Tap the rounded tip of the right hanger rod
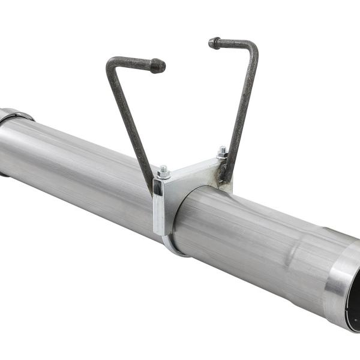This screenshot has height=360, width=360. click(x=214, y=43)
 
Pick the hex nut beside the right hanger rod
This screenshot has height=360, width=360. click(x=222, y=152)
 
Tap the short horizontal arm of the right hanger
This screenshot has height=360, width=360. click(x=234, y=43)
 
